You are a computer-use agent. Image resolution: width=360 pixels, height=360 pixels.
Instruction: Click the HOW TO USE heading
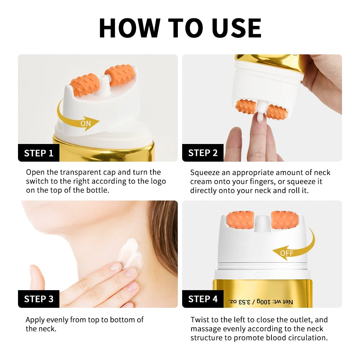tap(180, 27)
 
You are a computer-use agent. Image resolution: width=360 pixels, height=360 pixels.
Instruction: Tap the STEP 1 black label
tap(39, 153)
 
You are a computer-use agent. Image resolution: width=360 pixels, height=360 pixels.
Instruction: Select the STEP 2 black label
tap(203, 153)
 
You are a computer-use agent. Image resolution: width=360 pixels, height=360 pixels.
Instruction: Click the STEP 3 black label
tap(39, 299)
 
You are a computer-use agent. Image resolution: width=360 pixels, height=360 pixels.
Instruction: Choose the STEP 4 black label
tap(203, 299)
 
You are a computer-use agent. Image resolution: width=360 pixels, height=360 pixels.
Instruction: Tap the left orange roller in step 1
tap(85, 85)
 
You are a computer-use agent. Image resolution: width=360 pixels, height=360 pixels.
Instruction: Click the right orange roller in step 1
tap(120, 75)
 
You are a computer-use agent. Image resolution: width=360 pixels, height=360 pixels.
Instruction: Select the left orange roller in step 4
tap(240, 220)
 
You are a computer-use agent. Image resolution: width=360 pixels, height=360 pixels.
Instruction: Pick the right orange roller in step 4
tap(285, 219)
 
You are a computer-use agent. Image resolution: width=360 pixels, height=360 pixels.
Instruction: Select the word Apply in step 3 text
tap(35, 320)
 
